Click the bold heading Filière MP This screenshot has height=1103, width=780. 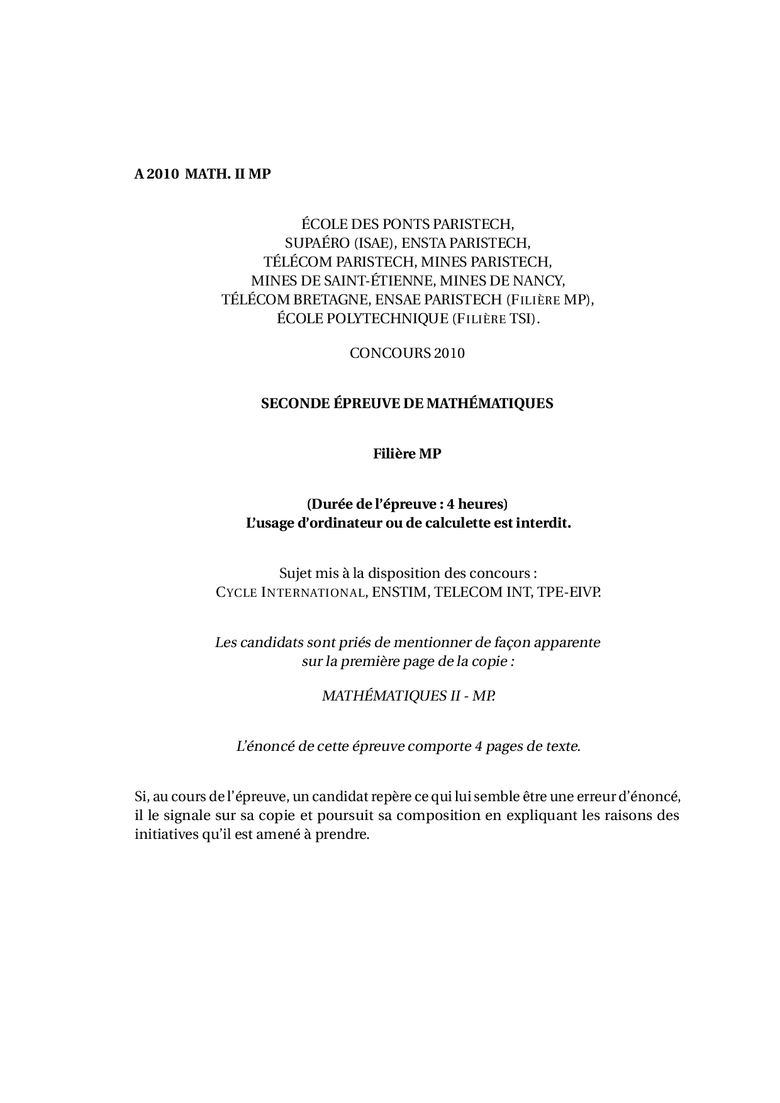point(407,453)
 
